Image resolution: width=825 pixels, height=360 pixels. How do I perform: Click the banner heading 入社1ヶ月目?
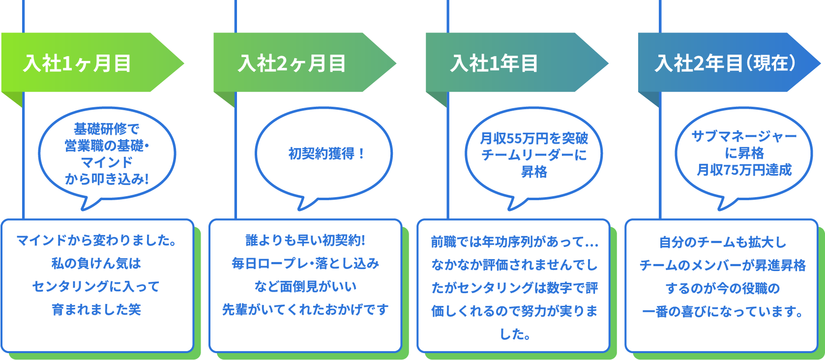77,63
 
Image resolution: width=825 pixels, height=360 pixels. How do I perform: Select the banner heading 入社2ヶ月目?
292,63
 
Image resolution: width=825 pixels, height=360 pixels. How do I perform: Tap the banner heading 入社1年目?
494,63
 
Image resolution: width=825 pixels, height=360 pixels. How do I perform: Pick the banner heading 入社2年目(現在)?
725,63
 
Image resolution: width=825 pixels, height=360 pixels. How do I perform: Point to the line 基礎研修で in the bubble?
107,129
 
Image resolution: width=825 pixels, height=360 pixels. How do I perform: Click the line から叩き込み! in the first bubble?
107,179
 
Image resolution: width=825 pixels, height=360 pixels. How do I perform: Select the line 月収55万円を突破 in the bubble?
534,138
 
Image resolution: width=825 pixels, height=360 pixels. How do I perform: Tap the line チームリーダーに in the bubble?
534,155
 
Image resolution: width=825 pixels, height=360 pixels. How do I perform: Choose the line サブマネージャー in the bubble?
744,136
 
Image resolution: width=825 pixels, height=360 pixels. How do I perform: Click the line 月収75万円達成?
744,170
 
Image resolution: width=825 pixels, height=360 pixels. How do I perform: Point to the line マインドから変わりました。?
96,240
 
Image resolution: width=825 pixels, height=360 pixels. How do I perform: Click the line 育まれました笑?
96,309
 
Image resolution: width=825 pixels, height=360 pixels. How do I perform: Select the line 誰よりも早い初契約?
305,240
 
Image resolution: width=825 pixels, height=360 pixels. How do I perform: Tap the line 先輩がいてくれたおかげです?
305,309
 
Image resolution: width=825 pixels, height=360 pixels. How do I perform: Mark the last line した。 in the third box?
514,334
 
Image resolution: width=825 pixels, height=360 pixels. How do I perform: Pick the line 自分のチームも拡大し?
722,242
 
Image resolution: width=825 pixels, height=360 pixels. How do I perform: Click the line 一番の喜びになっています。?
722,311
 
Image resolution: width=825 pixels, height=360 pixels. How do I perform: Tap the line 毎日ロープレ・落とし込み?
305,264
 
